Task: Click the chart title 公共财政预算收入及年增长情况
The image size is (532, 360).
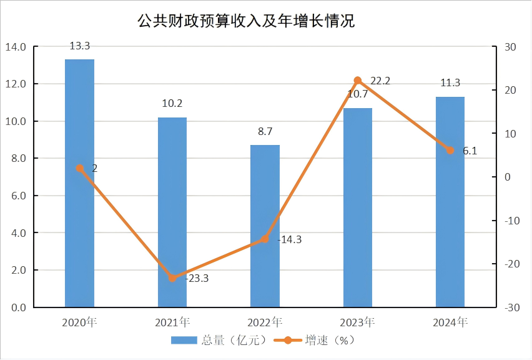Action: point(246,21)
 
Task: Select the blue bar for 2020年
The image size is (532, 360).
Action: point(79,187)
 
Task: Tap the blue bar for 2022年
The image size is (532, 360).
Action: point(265,231)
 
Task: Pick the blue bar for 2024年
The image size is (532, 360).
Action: point(450,206)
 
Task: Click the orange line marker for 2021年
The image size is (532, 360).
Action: point(172,278)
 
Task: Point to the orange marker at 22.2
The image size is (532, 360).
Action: point(358,81)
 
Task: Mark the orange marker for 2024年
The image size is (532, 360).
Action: point(450,151)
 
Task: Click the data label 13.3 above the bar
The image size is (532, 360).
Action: point(79,46)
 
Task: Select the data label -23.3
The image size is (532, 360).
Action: point(196,279)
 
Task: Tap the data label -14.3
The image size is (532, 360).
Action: point(288,239)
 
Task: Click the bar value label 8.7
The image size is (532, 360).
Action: point(265,132)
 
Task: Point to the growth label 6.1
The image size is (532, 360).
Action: point(470,151)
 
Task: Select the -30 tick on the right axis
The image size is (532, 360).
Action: point(512,307)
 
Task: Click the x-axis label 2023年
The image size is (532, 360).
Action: point(357,323)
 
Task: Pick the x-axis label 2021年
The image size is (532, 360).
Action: point(172,323)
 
